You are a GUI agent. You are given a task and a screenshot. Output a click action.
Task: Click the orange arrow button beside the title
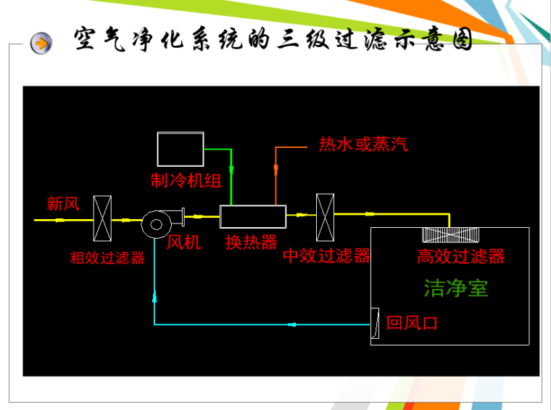tap(41, 43)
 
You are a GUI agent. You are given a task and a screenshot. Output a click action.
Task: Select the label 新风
tap(63, 204)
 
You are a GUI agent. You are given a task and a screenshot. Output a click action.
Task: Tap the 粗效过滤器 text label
tap(107, 258)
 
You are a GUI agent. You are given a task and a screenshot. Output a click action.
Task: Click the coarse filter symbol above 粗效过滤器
tap(102, 218)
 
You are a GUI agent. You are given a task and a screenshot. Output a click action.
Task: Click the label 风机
tap(184, 242)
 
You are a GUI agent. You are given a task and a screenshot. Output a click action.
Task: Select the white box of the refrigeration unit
tap(181, 149)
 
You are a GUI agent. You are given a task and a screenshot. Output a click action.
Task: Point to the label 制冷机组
tap(186, 180)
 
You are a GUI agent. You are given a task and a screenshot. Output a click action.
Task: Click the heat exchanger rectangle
tap(253, 216)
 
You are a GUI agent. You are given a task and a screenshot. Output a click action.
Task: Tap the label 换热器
tap(251, 242)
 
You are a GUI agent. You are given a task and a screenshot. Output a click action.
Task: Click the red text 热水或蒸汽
tap(363, 144)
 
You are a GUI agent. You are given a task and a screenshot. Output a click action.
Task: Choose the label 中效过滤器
tap(327, 255)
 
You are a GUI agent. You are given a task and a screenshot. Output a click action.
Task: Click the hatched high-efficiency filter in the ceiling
tap(451, 235)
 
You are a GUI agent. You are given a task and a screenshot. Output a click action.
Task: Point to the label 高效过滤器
tap(460, 256)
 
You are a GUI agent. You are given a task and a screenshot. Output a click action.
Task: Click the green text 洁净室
tap(456, 288)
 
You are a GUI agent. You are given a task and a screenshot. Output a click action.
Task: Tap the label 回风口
tap(412, 323)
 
